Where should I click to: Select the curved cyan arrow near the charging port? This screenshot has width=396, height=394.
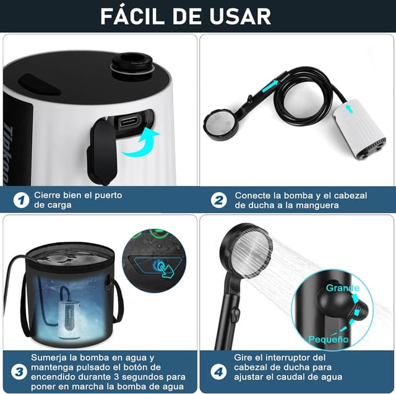click(142, 143)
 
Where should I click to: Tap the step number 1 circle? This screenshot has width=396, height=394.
click(22, 200)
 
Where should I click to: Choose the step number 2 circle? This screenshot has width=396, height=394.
click(218, 200)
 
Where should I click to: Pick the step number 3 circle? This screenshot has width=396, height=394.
click(19, 372)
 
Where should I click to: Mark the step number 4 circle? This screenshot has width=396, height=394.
click(218, 372)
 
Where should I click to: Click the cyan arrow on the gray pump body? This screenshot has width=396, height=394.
click(349, 109)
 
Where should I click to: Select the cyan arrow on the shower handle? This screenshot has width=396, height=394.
click(270, 86)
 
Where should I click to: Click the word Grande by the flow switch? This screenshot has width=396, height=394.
click(342, 288)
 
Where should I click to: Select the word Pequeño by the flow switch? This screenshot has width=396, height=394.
click(329, 339)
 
